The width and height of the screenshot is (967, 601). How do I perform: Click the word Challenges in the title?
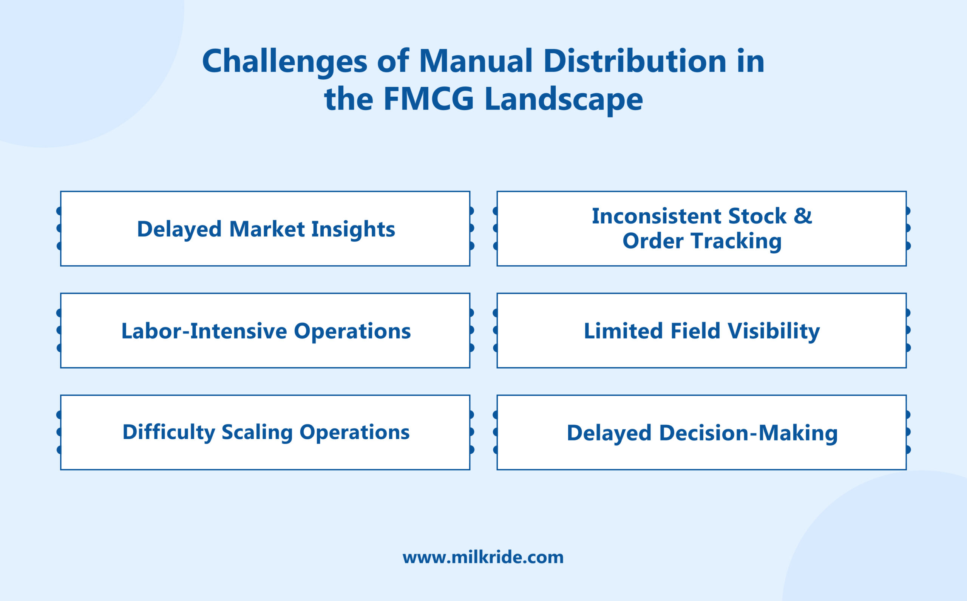(x=284, y=62)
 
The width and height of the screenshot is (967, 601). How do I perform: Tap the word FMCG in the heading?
(x=428, y=99)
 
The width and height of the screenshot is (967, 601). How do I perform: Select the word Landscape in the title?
(x=563, y=99)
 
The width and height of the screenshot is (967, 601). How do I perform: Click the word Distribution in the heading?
(x=635, y=62)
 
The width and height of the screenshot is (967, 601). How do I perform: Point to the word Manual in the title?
(x=475, y=62)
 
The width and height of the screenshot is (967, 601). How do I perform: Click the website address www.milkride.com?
(x=483, y=557)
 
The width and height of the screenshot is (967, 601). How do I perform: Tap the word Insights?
(x=353, y=229)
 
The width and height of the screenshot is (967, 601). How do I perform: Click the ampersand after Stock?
(x=802, y=216)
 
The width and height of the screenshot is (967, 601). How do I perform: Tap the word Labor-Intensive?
(x=204, y=331)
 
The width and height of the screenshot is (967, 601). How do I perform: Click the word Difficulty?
(x=168, y=432)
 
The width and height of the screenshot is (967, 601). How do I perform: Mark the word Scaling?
(x=257, y=432)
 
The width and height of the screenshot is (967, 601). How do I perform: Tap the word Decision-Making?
(x=748, y=433)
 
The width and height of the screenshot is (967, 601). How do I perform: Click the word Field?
(x=695, y=331)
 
